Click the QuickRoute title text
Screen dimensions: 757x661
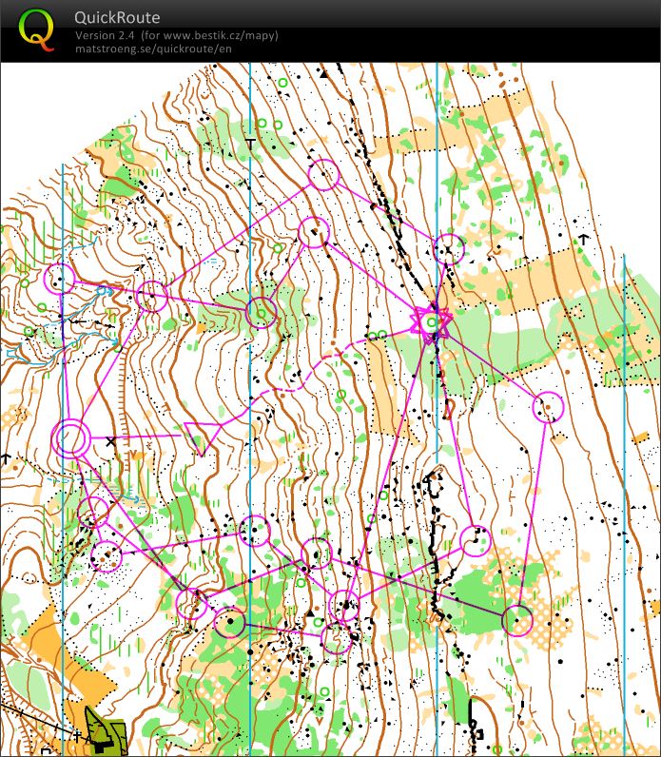coord(117,18)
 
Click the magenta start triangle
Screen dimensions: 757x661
coord(201,437)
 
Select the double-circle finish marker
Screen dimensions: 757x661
coord(70,439)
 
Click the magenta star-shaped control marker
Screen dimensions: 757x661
coord(430,320)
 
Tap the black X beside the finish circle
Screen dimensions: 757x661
coord(111,441)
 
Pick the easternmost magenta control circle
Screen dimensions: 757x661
coord(548,407)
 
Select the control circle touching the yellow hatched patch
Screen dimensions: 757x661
coord(517,620)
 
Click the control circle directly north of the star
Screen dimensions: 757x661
coord(449,249)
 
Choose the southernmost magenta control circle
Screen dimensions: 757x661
coord(336,639)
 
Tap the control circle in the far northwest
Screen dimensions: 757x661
coord(60,279)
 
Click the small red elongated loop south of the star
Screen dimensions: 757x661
coord(449,408)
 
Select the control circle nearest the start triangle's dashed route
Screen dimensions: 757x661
coord(255,531)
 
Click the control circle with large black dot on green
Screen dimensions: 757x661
coord(229,623)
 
